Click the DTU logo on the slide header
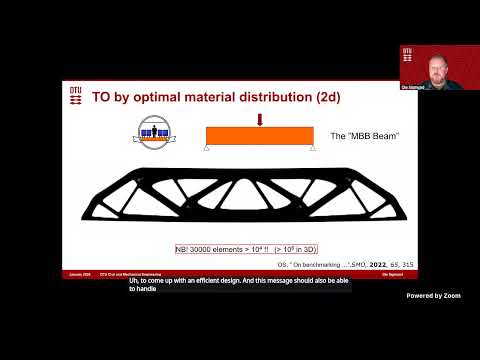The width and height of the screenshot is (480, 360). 75,95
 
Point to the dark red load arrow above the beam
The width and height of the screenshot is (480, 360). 259,121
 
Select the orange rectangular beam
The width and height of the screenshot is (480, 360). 260,137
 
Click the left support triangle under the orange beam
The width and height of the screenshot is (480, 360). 207,149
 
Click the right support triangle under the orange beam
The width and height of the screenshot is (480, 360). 313,149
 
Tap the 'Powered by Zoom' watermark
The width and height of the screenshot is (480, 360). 433,296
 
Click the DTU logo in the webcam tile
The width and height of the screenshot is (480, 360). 407,52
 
